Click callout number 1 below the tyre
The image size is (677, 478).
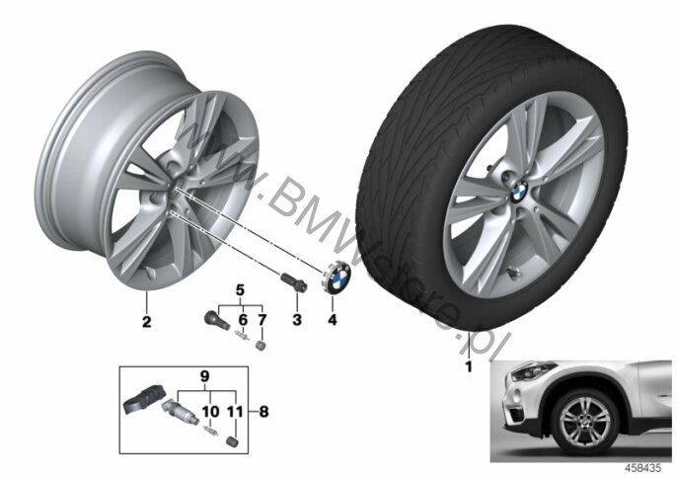tap(469, 367)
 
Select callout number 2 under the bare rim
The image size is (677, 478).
tap(147, 322)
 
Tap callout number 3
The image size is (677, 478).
tap(297, 320)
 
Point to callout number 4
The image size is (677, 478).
tap(332, 320)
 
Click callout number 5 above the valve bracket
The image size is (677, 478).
tap(240, 289)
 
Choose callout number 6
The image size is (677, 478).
tap(243, 320)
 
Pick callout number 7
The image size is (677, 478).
tap(263, 320)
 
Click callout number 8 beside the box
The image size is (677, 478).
tap(263, 412)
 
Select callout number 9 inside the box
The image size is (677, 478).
tap(204, 376)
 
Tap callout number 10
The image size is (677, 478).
tap(211, 412)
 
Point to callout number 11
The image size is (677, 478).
tap(235, 412)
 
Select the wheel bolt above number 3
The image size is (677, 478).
tap(294, 280)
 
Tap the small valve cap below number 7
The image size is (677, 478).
tap(261, 346)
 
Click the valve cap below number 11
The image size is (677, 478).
tap(232, 440)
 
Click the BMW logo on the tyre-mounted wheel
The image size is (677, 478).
tap(518, 192)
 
